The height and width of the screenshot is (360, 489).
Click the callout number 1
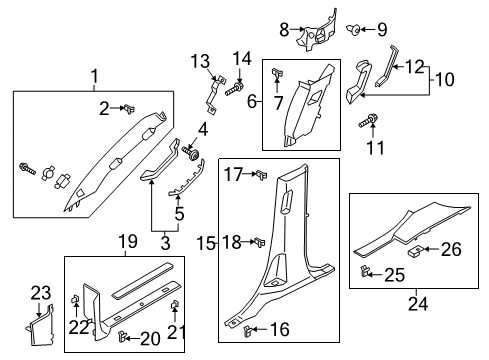[95, 76]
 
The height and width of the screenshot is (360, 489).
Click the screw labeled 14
[233, 90]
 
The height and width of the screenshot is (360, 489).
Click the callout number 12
[412, 66]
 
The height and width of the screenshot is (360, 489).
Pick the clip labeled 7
[278, 71]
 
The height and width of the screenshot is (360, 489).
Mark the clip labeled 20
[125, 336]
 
